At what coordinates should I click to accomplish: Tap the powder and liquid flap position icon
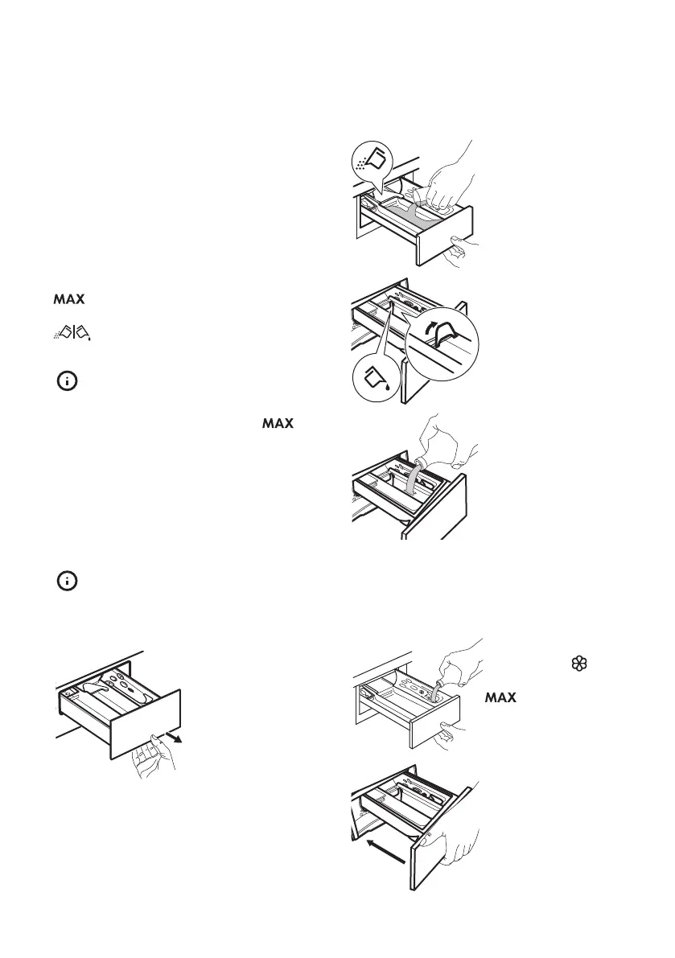coord(72,329)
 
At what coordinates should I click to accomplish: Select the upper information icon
coord(68,382)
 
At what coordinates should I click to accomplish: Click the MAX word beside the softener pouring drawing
coord(500,699)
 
